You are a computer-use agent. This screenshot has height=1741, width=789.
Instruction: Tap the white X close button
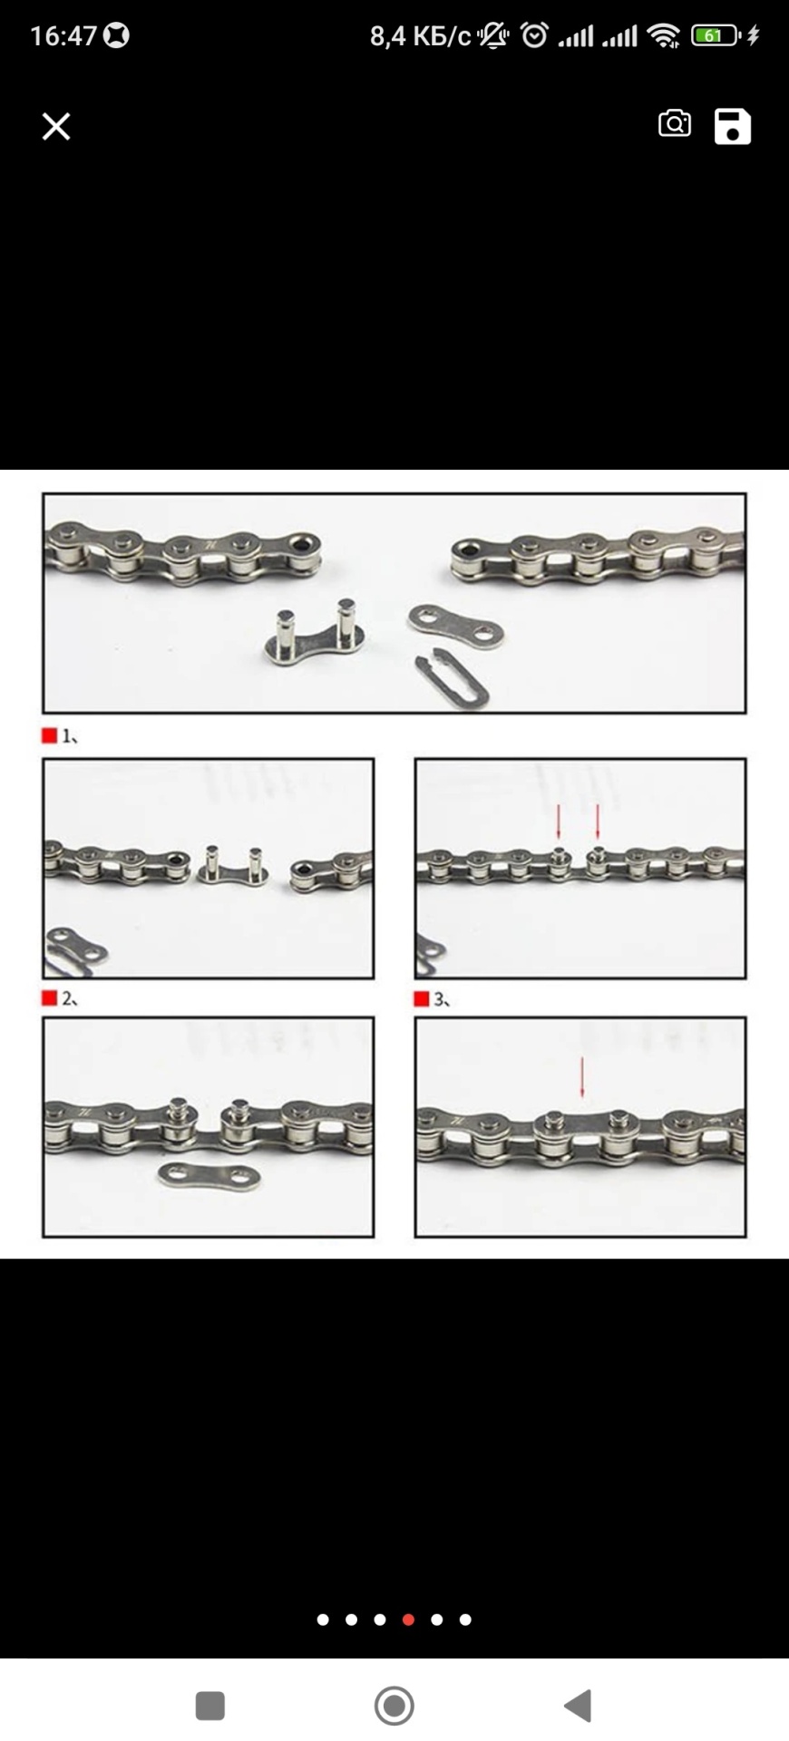56,126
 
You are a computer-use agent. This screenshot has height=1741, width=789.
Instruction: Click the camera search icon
674,123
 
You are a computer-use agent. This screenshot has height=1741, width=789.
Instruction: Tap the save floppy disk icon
733,126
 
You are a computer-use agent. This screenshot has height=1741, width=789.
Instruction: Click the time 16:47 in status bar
63,35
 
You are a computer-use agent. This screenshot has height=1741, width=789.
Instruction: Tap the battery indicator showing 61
715,35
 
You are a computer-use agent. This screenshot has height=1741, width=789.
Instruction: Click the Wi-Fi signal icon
664,35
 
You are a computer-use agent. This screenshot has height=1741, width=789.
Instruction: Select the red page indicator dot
408,1619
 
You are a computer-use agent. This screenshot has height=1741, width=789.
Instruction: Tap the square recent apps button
210,1706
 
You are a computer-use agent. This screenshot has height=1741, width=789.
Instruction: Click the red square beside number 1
50,735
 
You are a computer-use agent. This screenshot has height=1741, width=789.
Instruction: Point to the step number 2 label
69,998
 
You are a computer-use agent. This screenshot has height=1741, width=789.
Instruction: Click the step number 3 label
442,999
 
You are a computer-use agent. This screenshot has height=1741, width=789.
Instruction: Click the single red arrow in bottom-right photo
581,1076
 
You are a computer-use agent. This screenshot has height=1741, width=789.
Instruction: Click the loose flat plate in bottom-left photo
209,1175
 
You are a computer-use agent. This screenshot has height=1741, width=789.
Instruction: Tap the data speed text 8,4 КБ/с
420,35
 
